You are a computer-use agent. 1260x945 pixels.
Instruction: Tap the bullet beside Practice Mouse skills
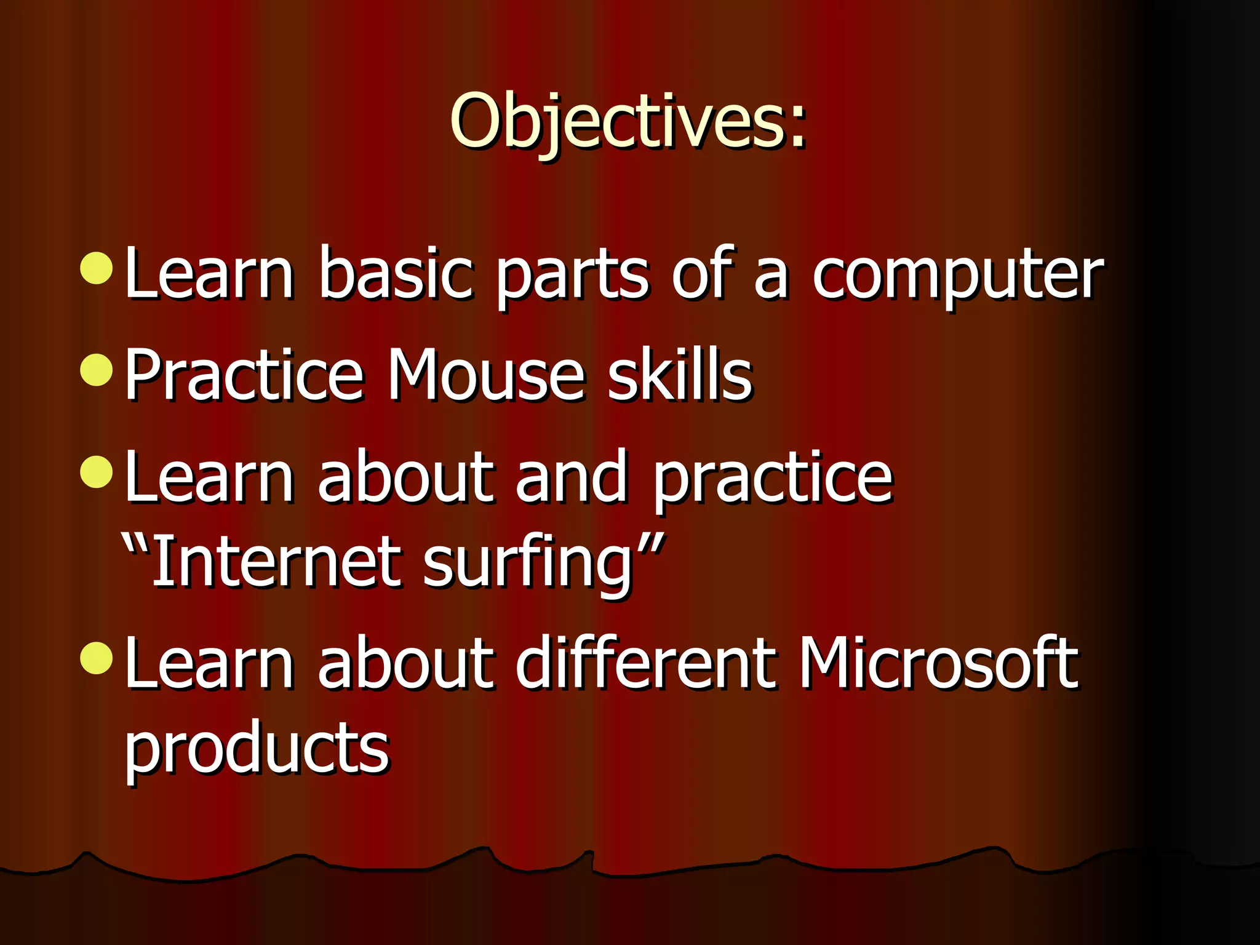pyautogui.click(x=97, y=370)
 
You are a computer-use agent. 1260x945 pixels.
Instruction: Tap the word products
pyautogui.click(x=257, y=749)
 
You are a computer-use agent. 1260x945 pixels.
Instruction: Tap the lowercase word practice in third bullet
pyautogui.click(x=772, y=478)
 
